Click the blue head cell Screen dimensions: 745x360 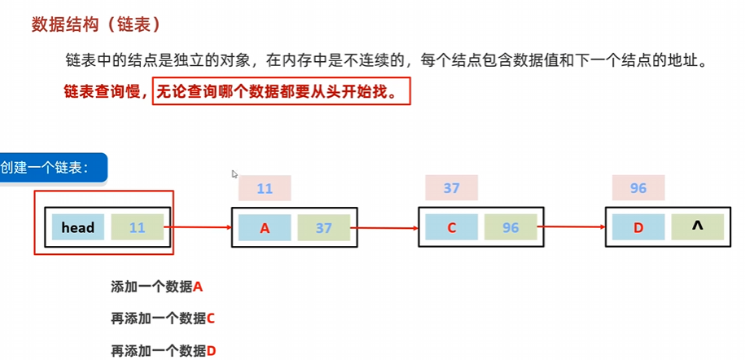78,228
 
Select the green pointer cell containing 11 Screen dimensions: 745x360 137,228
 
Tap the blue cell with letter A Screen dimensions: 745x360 265,228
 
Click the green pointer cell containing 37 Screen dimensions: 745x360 324,228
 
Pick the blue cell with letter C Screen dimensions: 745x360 451,228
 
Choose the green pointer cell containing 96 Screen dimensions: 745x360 511,228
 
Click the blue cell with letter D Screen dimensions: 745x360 638,228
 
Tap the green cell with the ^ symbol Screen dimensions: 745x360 697,228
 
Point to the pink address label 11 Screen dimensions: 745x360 265,189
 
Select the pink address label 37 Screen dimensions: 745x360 451,189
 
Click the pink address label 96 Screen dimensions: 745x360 638,189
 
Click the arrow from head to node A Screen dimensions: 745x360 199,228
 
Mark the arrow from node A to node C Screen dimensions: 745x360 386,228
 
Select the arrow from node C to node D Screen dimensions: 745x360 572,228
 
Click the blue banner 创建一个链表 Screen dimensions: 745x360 54,169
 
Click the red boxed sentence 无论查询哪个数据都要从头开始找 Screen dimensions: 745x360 281,90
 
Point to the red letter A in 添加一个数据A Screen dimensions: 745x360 197,287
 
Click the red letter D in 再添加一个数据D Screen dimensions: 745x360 211,351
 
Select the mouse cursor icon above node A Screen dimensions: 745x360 234,173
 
